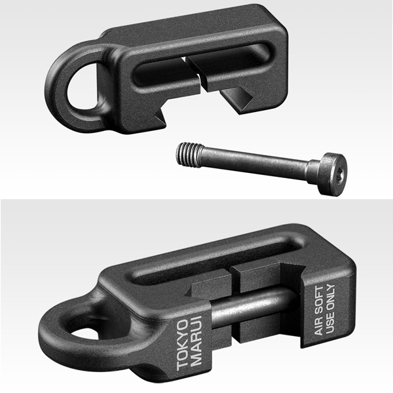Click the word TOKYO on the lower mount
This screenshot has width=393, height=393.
click(183, 345)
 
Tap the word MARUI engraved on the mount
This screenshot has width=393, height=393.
click(196, 341)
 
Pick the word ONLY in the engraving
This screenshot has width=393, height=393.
click(331, 296)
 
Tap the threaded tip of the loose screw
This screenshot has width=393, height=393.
click(189, 153)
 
